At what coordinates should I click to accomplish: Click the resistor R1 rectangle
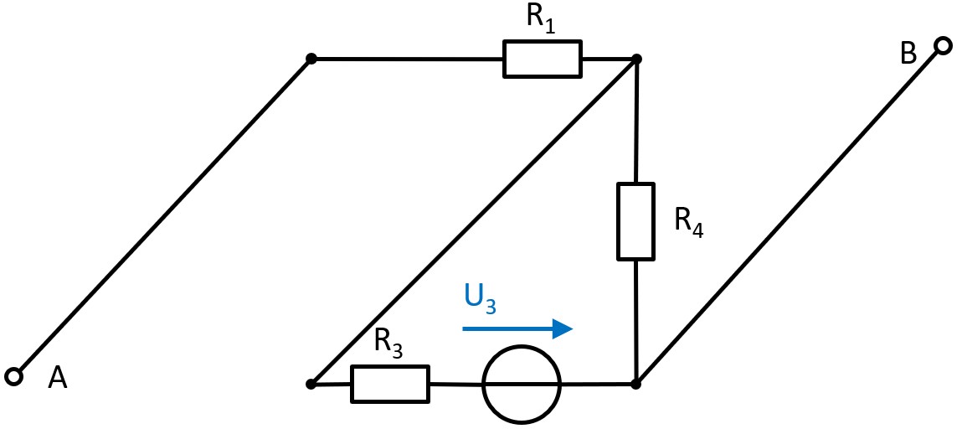click(x=542, y=59)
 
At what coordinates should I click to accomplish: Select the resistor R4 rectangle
click(x=635, y=222)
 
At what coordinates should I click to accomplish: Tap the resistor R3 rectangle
click(x=390, y=384)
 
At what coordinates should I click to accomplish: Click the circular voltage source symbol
click(x=521, y=385)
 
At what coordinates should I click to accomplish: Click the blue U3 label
click(x=480, y=298)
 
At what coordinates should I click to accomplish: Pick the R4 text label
click(x=688, y=222)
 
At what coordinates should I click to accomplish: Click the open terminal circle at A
click(x=13, y=376)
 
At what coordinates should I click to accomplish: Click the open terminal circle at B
click(x=943, y=46)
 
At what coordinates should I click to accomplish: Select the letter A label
click(x=57, y=380)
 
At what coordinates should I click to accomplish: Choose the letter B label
click(x=908, y=54)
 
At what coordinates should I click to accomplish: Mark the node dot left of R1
click(x=311, y=59)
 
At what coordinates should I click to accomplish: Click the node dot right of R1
click(x=636, y=59)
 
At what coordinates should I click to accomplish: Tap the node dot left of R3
click(x=311, y=384)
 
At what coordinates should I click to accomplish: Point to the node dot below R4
click(x=635, y=384)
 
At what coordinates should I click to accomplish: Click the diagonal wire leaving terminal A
click(x=163, y=216)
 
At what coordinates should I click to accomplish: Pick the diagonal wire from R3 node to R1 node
click(x=473, y=222)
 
